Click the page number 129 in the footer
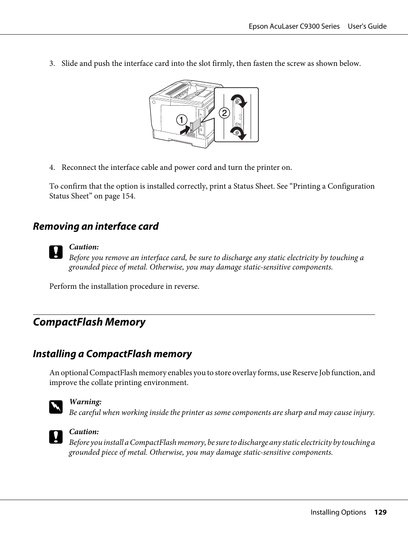[x=380, y=512]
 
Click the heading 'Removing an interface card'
[x=96, y=226]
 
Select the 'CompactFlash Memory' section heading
[x=89, y=322]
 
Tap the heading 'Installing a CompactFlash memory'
[x=112, y=354]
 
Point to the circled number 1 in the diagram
[x=182, y=120]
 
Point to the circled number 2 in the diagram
[x=224, y=113]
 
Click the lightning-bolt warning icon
[x=56, y=407]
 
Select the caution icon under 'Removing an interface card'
[x=56, y=252]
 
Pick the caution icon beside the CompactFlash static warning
[x=56, y=437]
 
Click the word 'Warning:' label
[x=86, y=402]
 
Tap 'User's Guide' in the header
[x=367, y=27]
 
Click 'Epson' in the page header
[x=258, y=27]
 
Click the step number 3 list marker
[x=52, y=64]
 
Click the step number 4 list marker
[x=52, y=168]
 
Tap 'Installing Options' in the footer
[x=338, y=512]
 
